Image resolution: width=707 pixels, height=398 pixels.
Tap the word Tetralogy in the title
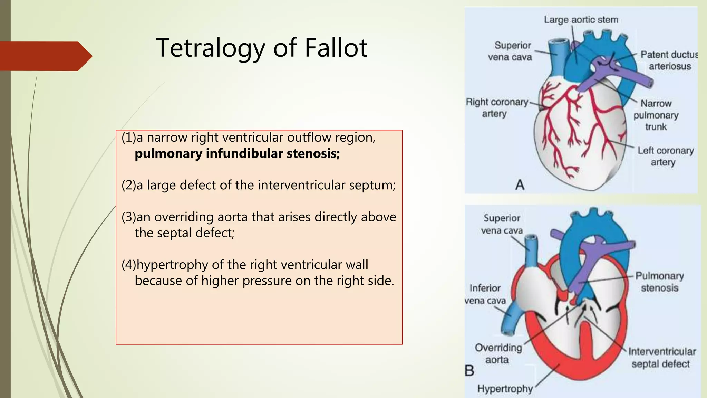click(x=210, y=48)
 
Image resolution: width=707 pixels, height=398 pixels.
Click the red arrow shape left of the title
click(x=45, y=56)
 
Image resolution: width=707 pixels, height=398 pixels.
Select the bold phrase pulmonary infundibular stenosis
click(x=237, y=153)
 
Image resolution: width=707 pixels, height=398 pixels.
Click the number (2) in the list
click(x=129, y=185)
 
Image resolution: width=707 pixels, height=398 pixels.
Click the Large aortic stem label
click(x=581, y=20)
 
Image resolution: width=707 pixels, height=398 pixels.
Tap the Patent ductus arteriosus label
click(x=669, y=60)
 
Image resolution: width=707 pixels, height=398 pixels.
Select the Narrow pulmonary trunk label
click(x=656, y=115)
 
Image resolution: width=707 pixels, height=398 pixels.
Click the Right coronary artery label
click(x=496, y=108)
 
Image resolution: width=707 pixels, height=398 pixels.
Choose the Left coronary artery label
click(x=665, y=156)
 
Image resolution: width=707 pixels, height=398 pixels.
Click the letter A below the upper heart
click(x=520, y=185)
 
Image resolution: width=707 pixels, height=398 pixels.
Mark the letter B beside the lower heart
click(x=469, y=371)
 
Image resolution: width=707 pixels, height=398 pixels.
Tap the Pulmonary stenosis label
click(x=659, y=282)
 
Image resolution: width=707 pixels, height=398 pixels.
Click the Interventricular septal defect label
click(x=661, y=358)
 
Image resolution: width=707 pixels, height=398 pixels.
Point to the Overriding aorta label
click(x=498, y=353)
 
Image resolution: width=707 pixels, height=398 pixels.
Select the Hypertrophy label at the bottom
click(x=505, y=389)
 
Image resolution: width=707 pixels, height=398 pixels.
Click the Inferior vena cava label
click(x=485, y=294)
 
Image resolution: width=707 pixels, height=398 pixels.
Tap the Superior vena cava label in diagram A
click(x=510, y=51)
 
